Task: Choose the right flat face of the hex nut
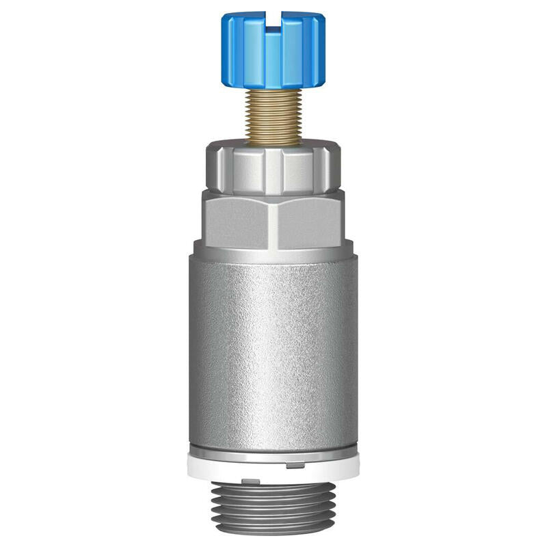coord(309,219)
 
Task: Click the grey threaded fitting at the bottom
coord(273,506)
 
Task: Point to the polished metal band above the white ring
coord(273,451)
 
